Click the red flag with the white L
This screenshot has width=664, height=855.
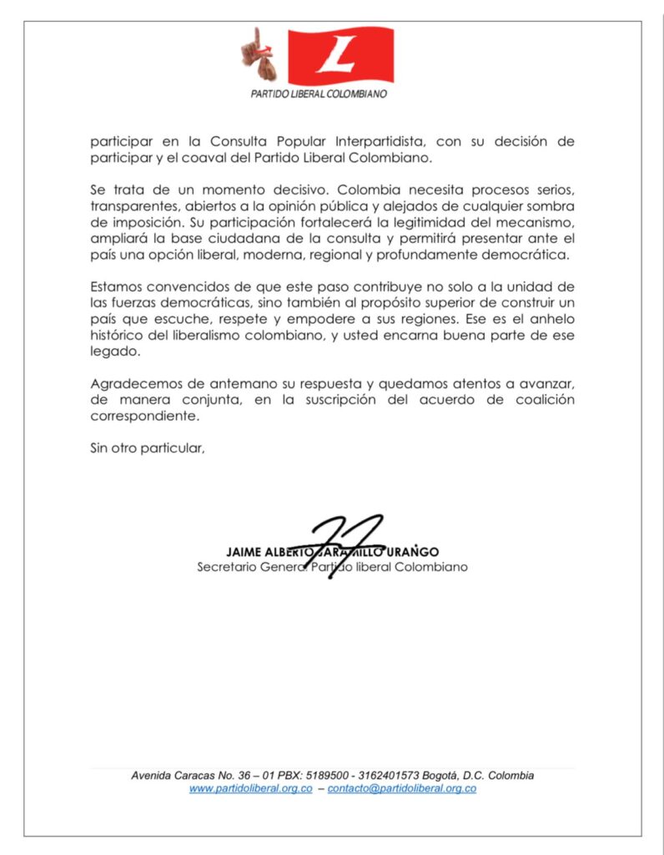pos(340,56)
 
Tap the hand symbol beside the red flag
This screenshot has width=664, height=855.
pos(257,52)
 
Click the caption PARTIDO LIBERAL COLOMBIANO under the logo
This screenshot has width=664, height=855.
pos(319,94)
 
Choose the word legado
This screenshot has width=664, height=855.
pos(112,351)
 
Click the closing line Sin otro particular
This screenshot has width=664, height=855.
pos(148,448)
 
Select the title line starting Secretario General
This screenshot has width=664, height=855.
pos(332,568)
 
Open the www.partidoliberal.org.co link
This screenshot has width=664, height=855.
pos(250,788)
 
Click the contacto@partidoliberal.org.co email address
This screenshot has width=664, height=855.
pos(402,788)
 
